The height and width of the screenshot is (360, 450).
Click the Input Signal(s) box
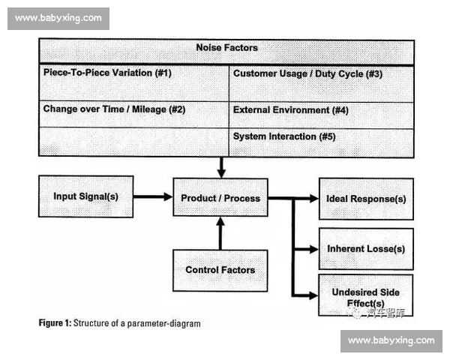tap(85, 196)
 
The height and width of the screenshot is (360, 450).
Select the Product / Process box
tap(220, 198)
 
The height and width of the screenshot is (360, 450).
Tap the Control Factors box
tap(220, 270)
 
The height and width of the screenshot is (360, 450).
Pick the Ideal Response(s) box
tap(366, 199)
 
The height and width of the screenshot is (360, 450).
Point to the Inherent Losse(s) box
tap(366, 248)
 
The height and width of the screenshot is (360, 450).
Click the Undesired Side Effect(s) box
tap(366, 295)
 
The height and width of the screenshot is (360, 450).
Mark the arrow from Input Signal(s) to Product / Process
tap(153, 197)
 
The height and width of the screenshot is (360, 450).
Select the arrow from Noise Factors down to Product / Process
tap(220, 166)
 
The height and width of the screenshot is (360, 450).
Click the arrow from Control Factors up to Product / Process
tap(220, 233)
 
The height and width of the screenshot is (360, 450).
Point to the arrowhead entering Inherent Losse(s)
tap(313, 249)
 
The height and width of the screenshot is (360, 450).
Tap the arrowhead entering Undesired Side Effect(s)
tap(313, 296)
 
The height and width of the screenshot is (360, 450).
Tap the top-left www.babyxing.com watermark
tap(58, 17)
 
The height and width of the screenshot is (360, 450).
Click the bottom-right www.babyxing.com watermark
tap(391, 340)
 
